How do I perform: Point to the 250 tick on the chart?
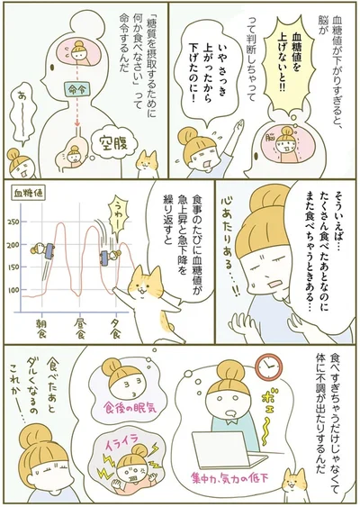pyautogui.click(x=14, y=222)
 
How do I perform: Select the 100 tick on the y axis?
pyautogui.click(x=14, y=290)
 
